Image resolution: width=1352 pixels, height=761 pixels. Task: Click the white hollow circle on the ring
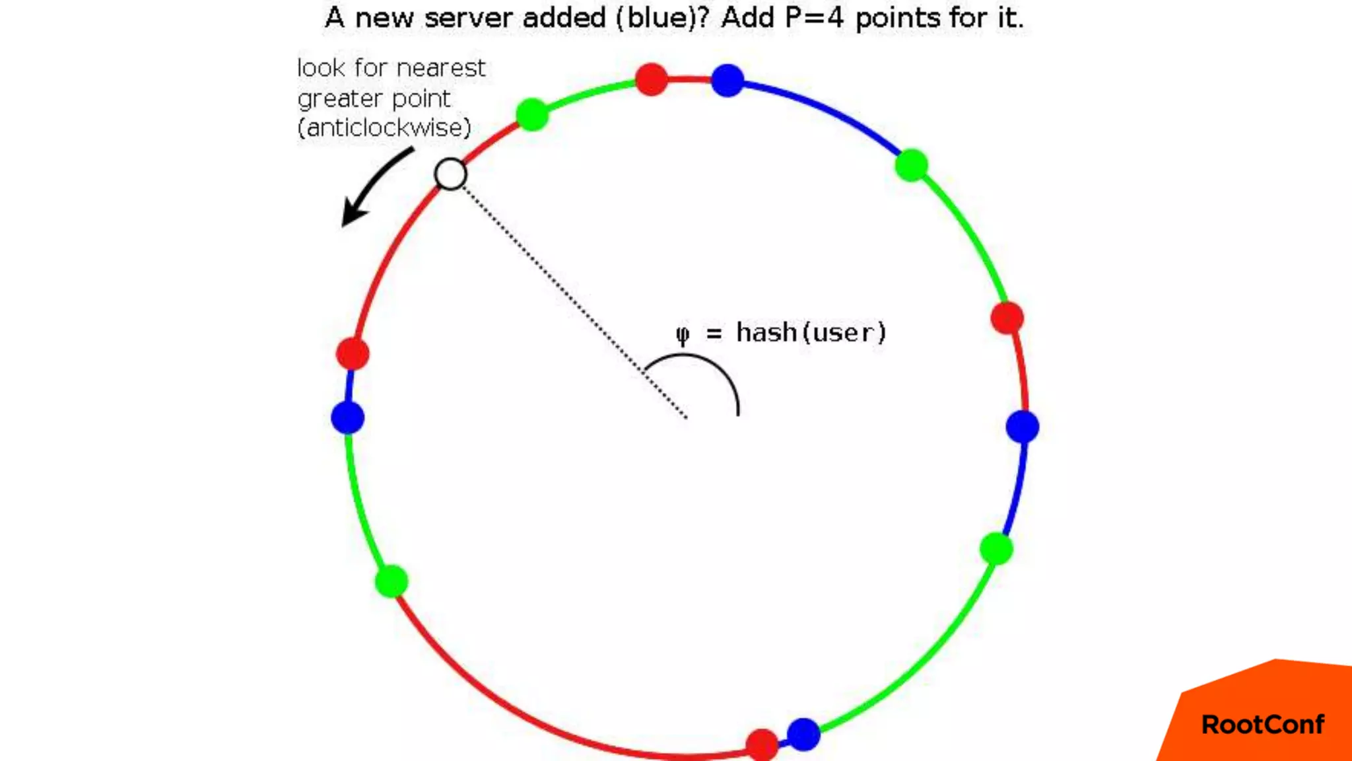pyautogui.click(x=451, y=174)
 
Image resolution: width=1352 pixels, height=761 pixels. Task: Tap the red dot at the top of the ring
pyautogui.click(x=652, y=79)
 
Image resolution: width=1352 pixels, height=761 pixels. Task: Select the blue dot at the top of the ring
pyautogui.click(x=727, y=81)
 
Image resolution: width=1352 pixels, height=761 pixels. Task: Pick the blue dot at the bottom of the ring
pyautogui.click(x=803, y=734)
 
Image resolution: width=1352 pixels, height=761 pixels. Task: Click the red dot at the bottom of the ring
pyautogui.click(x=762, y=744)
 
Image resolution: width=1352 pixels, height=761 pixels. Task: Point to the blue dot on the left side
pyautogui.click(x=348, y=417)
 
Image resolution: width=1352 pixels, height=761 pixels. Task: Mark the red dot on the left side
pyautogui.click(x=353, y=353)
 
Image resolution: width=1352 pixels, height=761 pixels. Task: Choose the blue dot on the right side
pyautogui.click(x=1023, y=427)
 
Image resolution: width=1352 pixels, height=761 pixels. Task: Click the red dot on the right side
pyautogui.click(x=1007, y=318)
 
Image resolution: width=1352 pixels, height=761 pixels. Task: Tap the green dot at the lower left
pyautogui.click(x=391, y=581)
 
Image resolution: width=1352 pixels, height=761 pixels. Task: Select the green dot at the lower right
pyautogui.click(x=996, y=548)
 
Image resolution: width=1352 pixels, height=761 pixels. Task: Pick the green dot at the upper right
pyautogui.click(x=912, y=164)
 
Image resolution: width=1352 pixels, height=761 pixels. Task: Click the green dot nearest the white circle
pyautogui.click(x=532, y=114)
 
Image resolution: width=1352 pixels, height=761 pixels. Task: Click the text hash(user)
pyautogui.click(x=811, y=332)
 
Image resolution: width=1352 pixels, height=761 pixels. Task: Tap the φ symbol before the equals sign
pyautogui.click(x=683, y=334)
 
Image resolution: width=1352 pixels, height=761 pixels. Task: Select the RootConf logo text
pyautogui.click(x=1262, y=725)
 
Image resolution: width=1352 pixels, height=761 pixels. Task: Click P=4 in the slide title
pyautogui.click(x=815, y=18)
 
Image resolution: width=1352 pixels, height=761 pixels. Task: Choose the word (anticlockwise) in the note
pyautogui.click(x=384, y=127)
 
